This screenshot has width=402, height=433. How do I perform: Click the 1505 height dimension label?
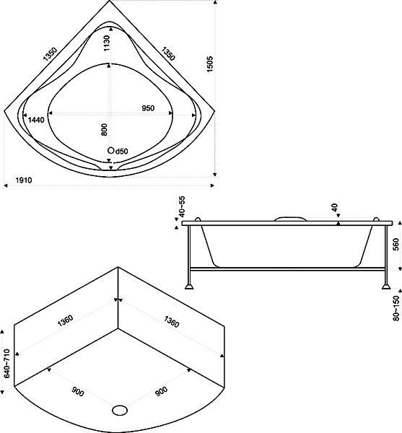click(210, 64)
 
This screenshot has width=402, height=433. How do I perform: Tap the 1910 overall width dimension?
click(24, 180)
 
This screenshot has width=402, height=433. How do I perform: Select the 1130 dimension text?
click(107, 43)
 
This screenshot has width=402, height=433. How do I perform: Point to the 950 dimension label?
click(148, 108)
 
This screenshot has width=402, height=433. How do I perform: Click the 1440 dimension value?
click(36, 120)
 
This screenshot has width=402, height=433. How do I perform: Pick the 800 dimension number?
click(104, 129)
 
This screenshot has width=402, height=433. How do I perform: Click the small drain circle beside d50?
click(110, 150)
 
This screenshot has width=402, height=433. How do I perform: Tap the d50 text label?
click(121, 151)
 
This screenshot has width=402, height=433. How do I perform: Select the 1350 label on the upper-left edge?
click(51, 54)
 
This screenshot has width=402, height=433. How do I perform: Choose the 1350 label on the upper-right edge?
click(168, 53)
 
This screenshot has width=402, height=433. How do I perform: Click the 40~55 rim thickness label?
click(182, 206)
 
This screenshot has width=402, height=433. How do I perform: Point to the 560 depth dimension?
click(396, 245)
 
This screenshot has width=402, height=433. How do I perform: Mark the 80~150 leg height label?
click(396, 308)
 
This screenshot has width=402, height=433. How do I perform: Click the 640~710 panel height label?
click(7, 363)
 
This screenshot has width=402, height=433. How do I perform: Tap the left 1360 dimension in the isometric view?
click(65, 320)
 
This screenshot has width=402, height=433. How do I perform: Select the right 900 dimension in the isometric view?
click(161, 392)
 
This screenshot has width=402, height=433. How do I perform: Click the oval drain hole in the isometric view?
click(120, 411)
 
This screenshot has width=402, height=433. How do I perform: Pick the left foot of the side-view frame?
click(189, 286)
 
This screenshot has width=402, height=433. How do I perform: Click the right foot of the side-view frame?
click(386, 286)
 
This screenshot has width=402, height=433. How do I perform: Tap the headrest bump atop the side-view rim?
click(290, 219)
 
